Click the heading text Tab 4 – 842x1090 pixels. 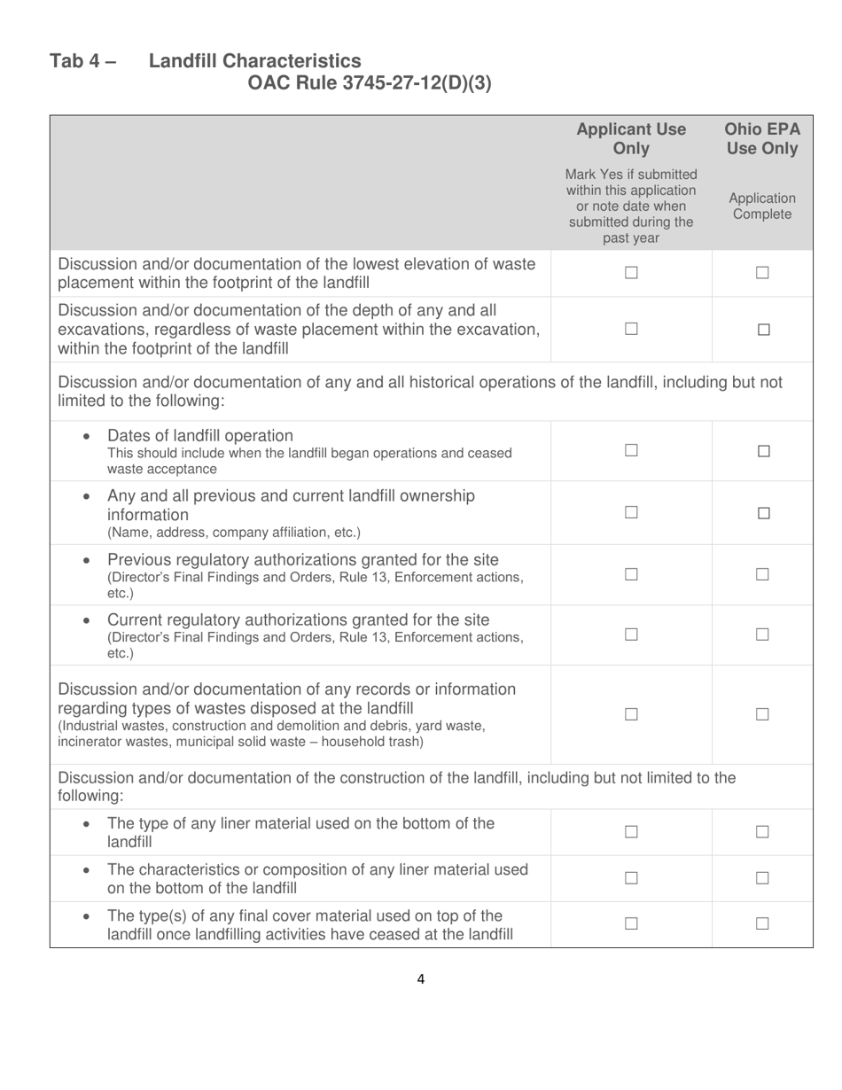[x=83, y=61]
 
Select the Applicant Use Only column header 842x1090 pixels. [x=631, y=139]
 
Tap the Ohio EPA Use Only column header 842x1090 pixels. [x=762, y=139]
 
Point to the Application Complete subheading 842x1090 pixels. [x=762, y=206]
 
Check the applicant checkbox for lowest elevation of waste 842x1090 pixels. [x=631, y=274]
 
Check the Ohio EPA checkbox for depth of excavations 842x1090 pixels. [x=763, y=330]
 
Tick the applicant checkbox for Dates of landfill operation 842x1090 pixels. [x=631, y=451]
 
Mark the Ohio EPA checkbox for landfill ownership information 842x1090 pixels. [x=763, y=513]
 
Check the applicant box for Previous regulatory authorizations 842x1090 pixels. [x=631, y=574]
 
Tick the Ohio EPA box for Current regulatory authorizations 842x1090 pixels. [x=763, y=635]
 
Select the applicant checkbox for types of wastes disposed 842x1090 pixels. [x=631, y=714]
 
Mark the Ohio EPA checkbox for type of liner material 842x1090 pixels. [x=763, y=832]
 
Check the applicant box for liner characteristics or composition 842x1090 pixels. [x=631, y=878]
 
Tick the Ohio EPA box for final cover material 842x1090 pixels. [x=763, y=924]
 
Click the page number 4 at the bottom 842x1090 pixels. [x=420, y=979]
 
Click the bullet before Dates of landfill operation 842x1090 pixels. [x=86, y=437]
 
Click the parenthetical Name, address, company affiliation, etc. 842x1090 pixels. [x=234, y=533]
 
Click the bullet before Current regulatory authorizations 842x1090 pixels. [x=86, y=620]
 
